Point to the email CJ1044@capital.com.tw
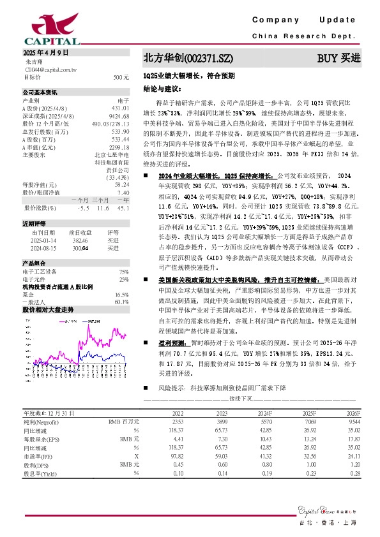[50, 69]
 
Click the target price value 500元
[122, 77]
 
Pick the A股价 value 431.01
[121, 108]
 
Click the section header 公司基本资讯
[40, 92]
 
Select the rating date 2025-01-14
[44, 241]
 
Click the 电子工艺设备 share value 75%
[124, 271]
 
